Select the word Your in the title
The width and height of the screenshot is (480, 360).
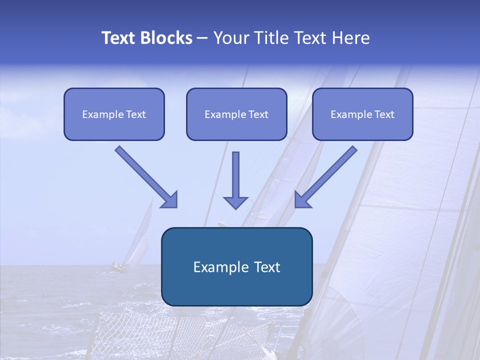coord(231,38)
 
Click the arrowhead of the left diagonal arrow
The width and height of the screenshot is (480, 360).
coord(170,200)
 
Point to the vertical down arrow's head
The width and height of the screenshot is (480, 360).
coord(235,202)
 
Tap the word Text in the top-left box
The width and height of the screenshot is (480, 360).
coord(135,114)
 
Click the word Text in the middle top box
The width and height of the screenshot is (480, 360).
coord(258,114)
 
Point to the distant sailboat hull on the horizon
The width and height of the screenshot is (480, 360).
coord(119,268)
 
